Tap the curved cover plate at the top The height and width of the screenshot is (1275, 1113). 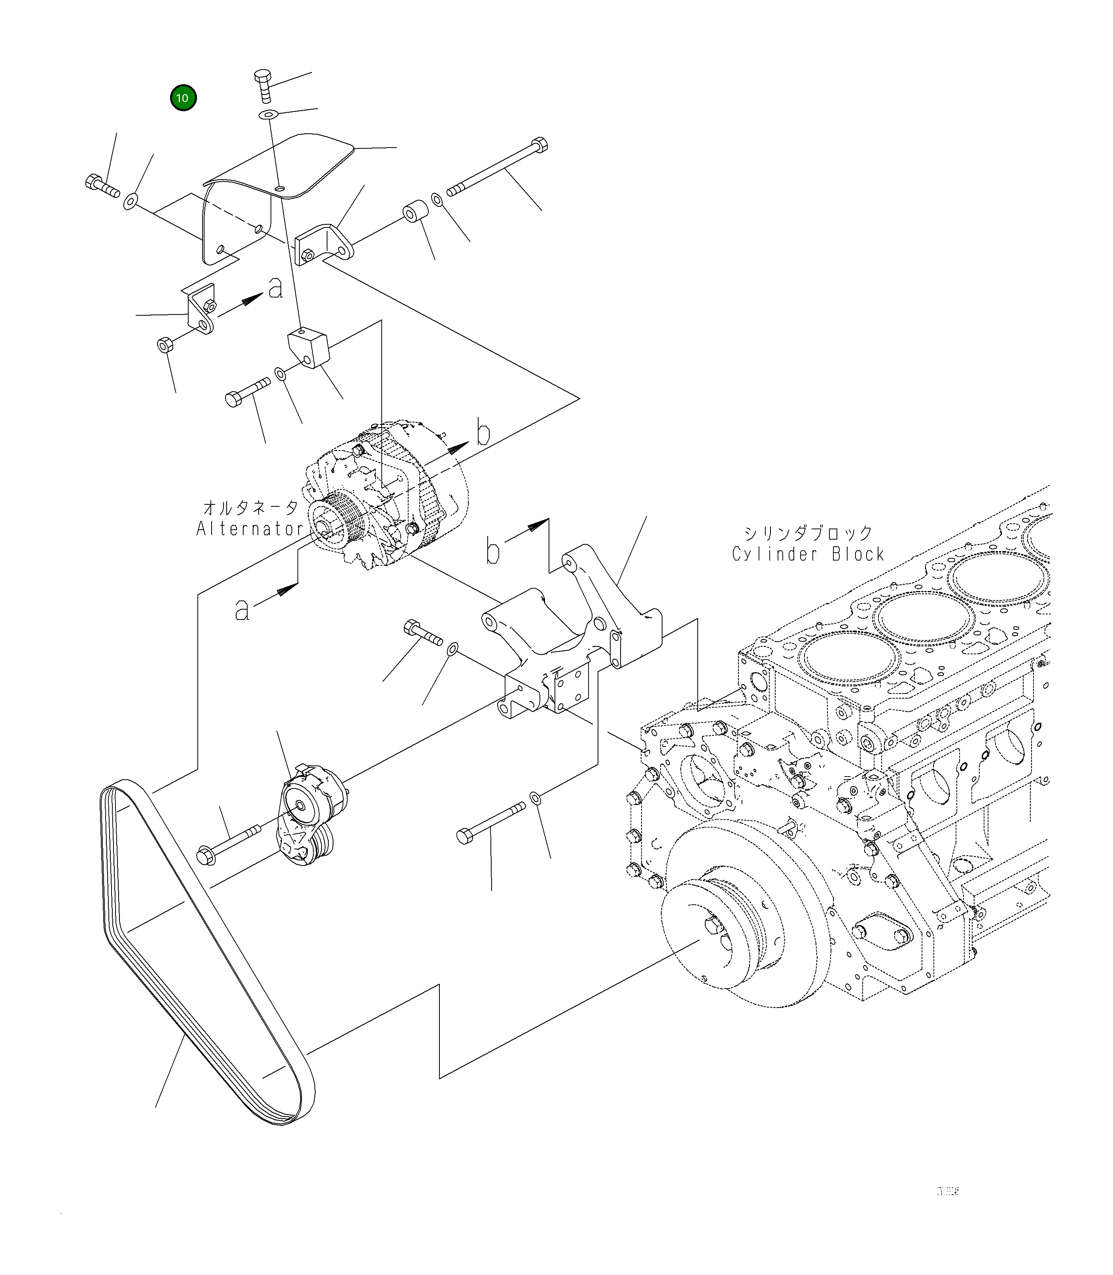click(x=280, y=174)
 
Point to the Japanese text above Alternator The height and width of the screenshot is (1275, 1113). click(x=251, y=508)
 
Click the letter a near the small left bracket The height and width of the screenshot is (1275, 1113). click(x=276, y=288)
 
